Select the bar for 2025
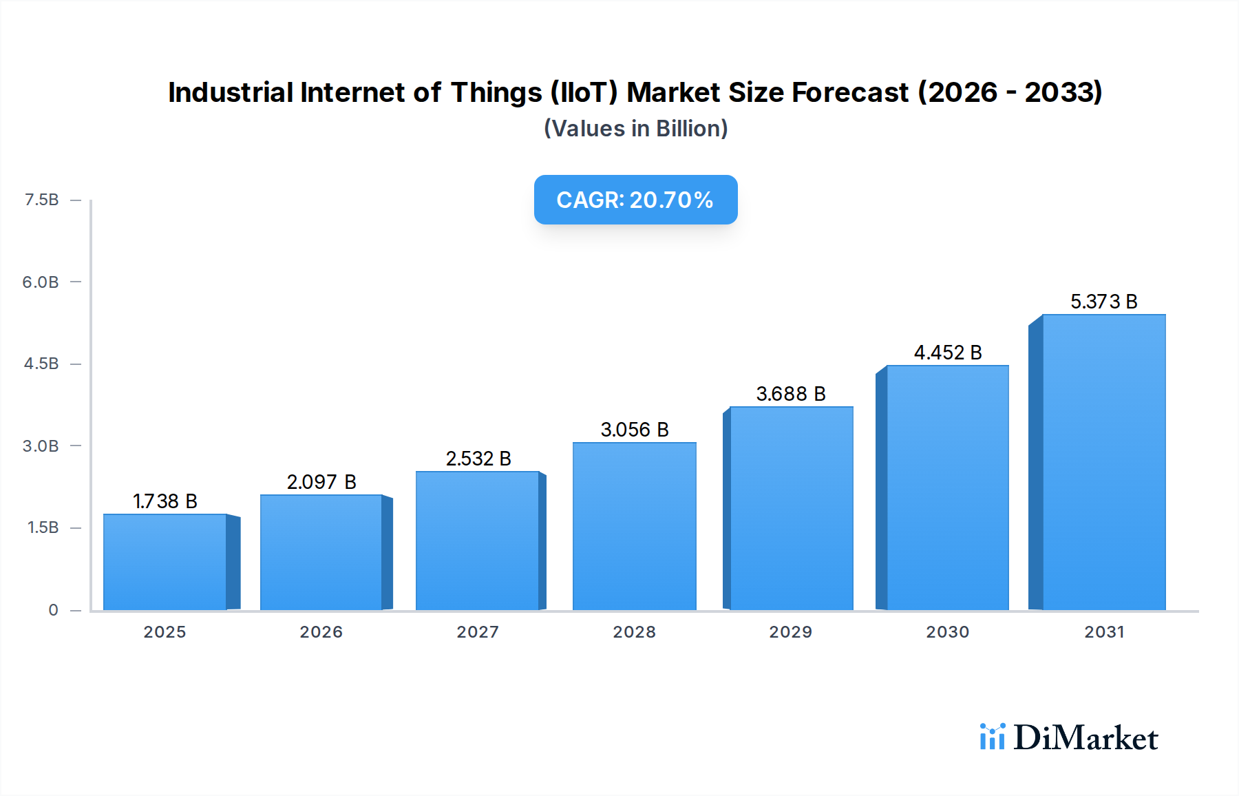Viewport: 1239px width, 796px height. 165,562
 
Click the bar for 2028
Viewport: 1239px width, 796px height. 634,526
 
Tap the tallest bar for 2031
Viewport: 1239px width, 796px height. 1103,462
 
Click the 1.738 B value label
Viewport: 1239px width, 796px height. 165,501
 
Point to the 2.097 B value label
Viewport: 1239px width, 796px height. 321,482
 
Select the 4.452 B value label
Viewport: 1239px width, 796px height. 947,353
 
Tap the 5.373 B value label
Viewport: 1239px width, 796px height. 1103,302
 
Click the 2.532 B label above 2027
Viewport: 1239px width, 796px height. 478,459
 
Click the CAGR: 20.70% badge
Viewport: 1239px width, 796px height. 635,200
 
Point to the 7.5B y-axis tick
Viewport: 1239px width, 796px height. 42,200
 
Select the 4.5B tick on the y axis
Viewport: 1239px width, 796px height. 41,364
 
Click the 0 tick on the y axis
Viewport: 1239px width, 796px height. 53,610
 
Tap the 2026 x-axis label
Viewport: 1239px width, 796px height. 321,632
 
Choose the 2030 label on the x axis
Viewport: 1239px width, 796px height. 947,632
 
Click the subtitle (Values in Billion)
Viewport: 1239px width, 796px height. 635,129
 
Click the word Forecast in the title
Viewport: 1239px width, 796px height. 850,92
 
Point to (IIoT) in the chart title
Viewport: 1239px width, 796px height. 584,92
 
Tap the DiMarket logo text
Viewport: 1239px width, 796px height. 1086,738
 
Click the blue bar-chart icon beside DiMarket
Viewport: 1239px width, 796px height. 993,737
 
